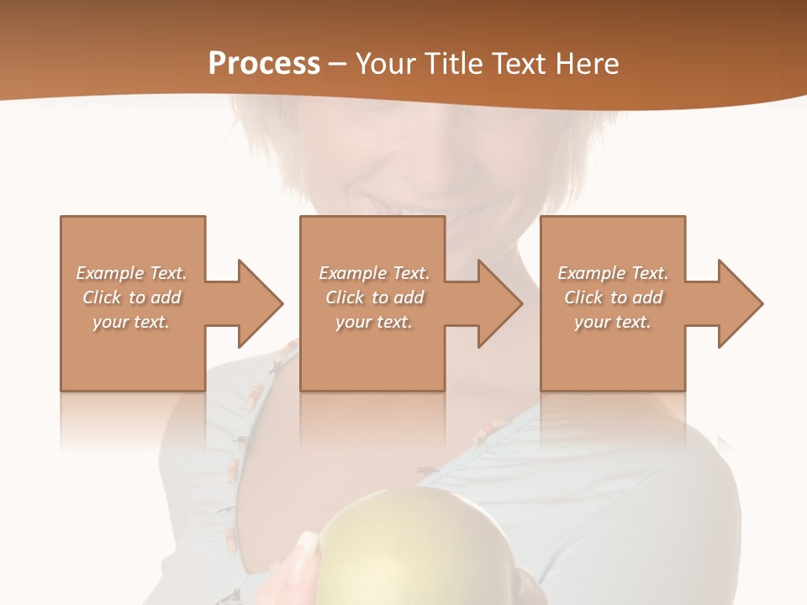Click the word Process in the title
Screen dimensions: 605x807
264,64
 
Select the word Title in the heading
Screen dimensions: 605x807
452,64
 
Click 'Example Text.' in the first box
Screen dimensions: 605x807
132,273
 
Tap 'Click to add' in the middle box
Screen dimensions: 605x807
374,297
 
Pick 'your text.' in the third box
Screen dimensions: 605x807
613,322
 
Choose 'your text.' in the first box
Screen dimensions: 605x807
132,322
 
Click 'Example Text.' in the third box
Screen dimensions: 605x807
613,273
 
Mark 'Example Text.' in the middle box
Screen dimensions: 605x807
374,273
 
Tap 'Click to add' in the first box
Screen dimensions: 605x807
132,297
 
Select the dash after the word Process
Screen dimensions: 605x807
338,65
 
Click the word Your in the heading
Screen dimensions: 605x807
385,64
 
